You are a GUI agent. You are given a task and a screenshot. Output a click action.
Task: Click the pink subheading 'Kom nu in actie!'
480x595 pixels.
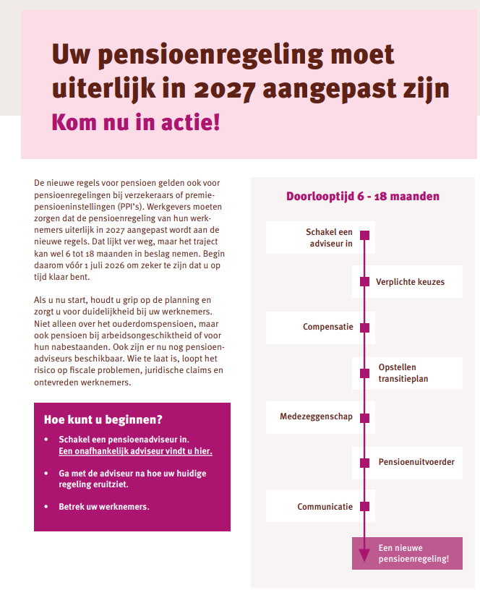click(x=136, y=121)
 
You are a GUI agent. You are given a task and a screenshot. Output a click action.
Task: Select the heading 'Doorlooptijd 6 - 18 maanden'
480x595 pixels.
click(x=362, y=196)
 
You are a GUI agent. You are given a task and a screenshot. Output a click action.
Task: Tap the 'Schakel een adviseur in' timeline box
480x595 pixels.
click(x=320, y=238)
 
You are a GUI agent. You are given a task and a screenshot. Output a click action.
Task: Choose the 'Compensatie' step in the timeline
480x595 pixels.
click(x=320, y=327)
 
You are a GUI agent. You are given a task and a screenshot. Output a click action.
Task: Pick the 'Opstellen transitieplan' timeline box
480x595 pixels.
click(x=407, y=372)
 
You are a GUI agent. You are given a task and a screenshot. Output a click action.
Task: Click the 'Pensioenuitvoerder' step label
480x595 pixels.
click(x=416, y=461)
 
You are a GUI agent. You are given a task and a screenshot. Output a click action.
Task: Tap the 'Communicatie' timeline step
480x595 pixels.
click(x=320, y=507)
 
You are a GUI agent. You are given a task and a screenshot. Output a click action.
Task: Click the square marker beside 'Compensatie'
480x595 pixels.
click(x=365, y=328)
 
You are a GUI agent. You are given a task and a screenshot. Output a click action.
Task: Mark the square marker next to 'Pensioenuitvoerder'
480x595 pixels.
click(x=365, y=462)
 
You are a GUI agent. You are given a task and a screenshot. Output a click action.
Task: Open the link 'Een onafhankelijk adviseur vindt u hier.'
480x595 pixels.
click(x=135, y=451)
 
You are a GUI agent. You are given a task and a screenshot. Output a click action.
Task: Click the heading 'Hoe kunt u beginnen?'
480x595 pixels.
click(x=103, y=419)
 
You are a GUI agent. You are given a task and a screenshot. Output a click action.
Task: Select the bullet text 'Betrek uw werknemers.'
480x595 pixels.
click(x=103, y=506)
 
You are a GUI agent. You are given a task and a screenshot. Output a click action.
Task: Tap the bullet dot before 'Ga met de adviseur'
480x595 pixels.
click(x=47, y=473)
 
